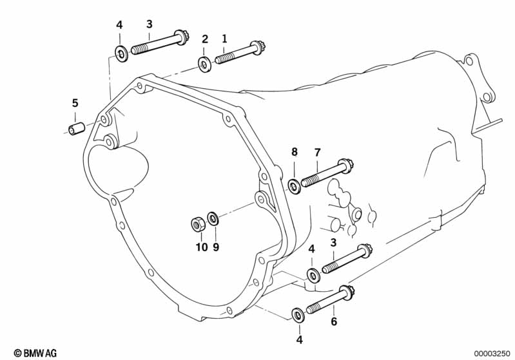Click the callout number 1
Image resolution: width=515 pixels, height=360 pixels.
coord(224,39)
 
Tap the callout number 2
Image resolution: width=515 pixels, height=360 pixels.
coord(205,39)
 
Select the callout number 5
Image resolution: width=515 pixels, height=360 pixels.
coord(75,103)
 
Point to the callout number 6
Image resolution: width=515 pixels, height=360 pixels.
coord(334,322)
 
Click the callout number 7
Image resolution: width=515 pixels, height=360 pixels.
coord(316,153)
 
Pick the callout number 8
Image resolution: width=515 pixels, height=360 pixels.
coord(295,153)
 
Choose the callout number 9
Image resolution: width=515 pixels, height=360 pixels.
coord(217,247)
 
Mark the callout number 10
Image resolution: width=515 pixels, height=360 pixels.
coord(201,247)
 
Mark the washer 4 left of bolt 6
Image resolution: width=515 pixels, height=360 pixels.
coord(298,314)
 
